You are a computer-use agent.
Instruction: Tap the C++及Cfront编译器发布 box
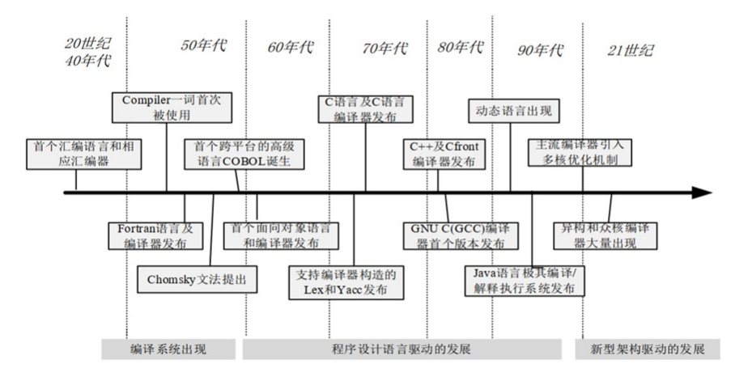point(444,154)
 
